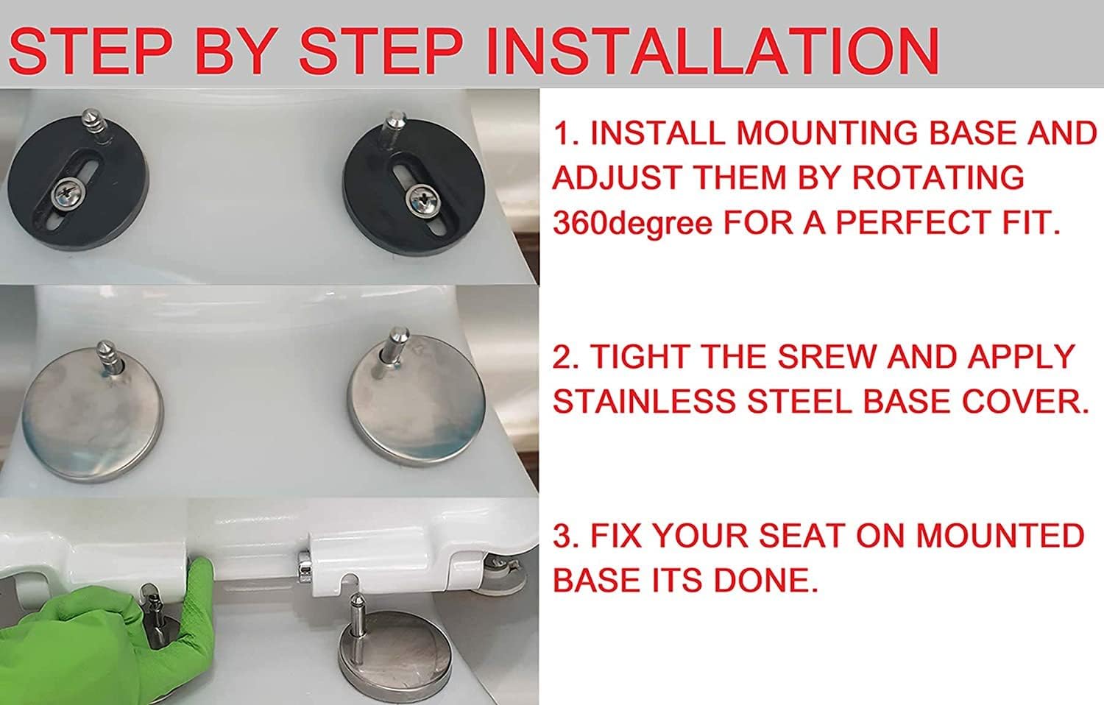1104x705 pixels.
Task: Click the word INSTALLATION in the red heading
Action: tap(712, 52)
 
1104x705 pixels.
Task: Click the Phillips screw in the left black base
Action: tap(67, 193)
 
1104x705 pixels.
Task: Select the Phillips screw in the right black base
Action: tap(422, 199)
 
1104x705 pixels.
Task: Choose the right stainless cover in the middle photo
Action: tap(417, 399)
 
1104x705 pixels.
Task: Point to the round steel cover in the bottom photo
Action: tap(395, 653)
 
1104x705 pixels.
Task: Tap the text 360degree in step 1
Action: tap(632, 223)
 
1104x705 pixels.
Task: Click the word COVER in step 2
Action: tap(1025, 402)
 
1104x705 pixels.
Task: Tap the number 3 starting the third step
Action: tap(562, 536)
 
